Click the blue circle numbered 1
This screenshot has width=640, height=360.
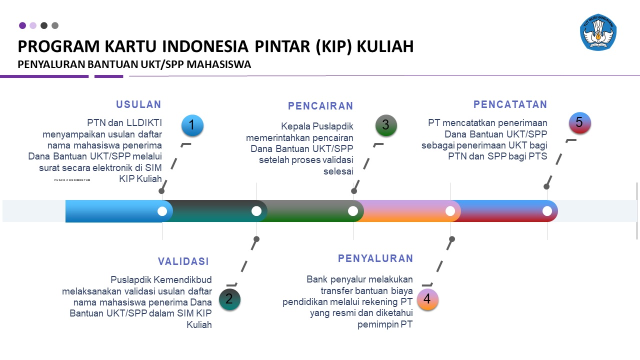tap(192, 125)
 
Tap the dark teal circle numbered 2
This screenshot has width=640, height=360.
tap(229, 299)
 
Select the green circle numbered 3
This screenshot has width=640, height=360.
tap(386, 125)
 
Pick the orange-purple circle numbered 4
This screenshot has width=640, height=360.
tap(427, 299)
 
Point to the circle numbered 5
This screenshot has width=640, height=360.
tap(579, 122)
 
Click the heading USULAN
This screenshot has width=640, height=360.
tap(139, 104)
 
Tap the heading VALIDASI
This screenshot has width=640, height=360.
tap(183, 261)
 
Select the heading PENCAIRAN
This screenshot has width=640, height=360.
tap(320, 106)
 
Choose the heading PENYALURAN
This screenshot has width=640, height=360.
tap(375, 258)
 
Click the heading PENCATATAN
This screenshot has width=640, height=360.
tap(510, 104)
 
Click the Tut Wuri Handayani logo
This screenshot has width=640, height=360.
tap(598, 32)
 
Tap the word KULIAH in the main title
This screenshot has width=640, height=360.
tap(385, 46)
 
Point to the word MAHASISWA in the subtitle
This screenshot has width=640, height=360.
tap(219, 64)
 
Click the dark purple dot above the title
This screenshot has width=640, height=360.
tap(22, 25)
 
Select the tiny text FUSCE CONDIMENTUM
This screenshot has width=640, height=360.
tap(72, 180)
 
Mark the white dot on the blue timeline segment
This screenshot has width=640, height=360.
tap(162, 211)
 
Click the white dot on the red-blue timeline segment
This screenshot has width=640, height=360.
tap(547, 211)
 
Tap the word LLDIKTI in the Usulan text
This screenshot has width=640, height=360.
tap(144, 123)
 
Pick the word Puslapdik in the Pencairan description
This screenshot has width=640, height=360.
tap(333, 126)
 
